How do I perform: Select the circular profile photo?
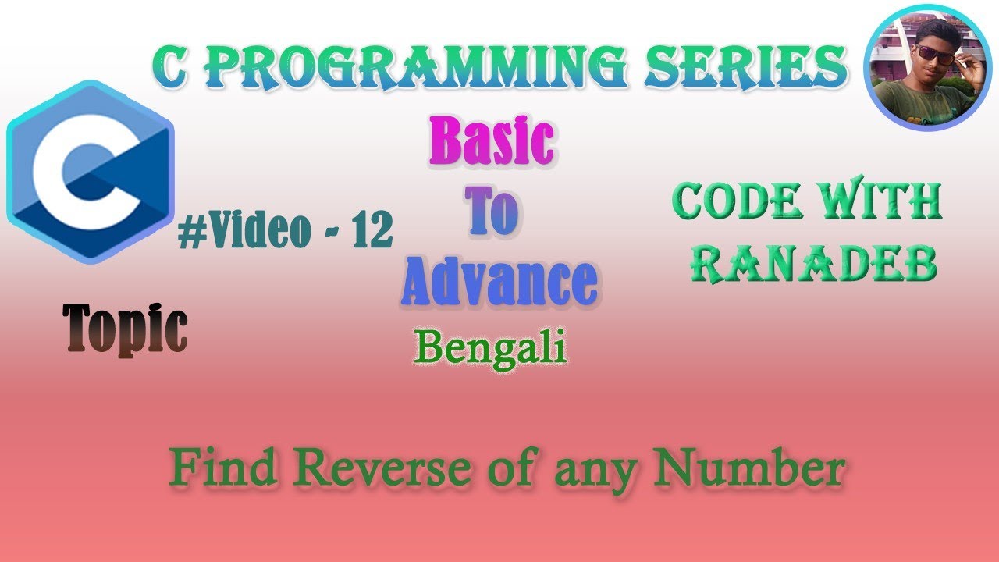pos(927,67)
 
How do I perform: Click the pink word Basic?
pos(491,142)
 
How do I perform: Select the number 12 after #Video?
pos(372,232)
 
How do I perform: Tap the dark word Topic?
pos(126,329)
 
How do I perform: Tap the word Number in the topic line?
pos(750,469)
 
